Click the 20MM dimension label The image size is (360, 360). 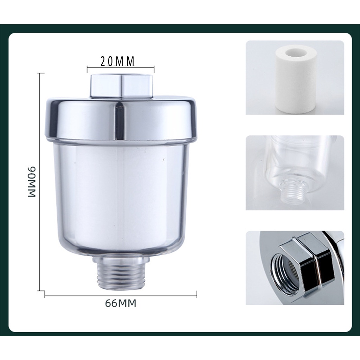click(117, 61)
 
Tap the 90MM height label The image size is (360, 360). click(32, 182)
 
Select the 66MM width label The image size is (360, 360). click(121, 303)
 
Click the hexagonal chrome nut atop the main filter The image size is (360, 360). click(122, 86)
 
